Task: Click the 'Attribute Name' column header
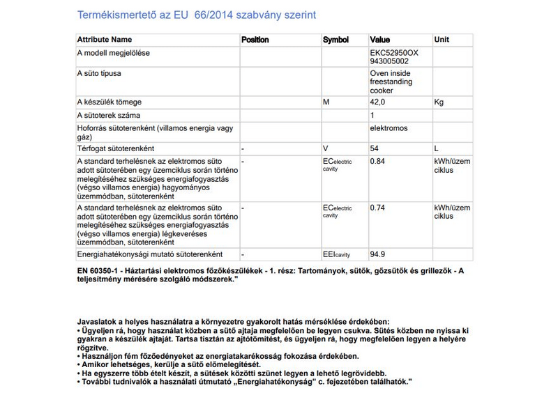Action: click(104, 40)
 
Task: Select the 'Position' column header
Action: click(255, 40)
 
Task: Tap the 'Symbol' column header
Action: click(335, 40)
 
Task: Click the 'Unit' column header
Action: click(442, 40)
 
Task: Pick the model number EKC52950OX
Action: click(394, 52)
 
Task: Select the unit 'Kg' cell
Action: click(439, 102)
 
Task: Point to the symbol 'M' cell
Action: click(326, 102)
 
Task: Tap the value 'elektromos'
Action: click(389, 128)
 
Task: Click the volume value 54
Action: click(375, 148)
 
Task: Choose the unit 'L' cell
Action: click(437, 148)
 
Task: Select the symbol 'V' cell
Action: click(325, 148)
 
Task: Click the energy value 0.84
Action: click(377, 161)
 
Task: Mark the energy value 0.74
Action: click(377, 208)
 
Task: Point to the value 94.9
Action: click(377, 254)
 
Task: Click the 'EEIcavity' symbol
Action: click(336, 255)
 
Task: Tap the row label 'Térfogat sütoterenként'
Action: click(116, 148)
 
